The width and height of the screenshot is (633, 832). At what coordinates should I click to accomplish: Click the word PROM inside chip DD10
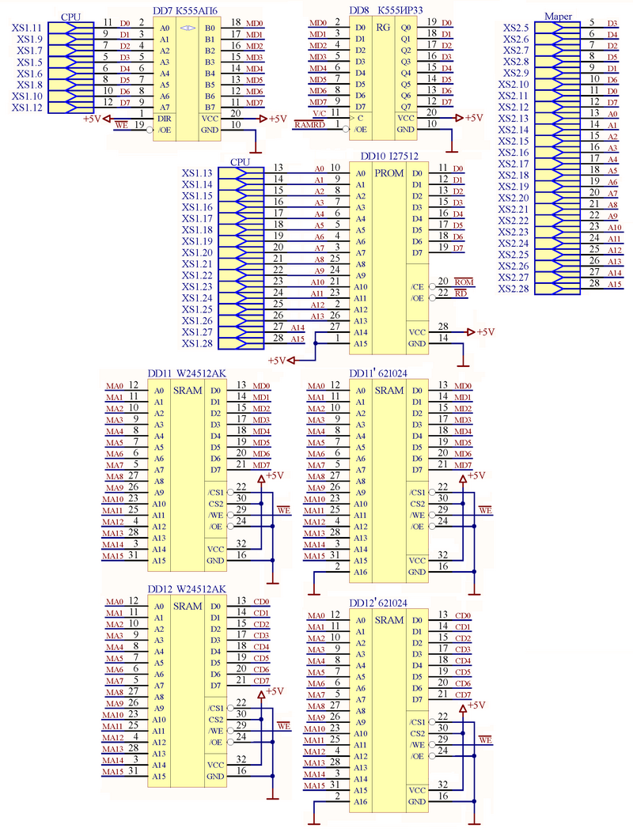pyautogui.click(x=389, y=173)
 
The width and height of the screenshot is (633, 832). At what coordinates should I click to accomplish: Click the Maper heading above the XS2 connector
pyautogui.click(x=559, y=17)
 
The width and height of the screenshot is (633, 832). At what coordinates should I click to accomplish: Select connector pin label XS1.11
pyautogui.click(x=28, y=28)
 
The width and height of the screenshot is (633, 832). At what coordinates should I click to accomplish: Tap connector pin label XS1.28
pyautogui.click(x=197, y=343)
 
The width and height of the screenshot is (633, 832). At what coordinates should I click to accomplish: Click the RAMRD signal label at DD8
pyautogui.click(x=308, y=125)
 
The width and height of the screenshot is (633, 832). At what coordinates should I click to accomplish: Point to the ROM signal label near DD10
pyautogui.click(x=464, y=282)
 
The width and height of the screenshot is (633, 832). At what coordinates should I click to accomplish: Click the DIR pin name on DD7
pyautogui.click(x=164, y=118)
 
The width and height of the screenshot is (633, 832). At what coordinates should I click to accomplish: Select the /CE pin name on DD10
pyautogui.click(x=417, y=286)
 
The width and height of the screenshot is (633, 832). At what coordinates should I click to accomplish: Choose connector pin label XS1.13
pyautogui.click(x=197, y=173)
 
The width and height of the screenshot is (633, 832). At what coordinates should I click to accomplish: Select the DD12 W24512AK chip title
pyautogui.click(x=187, y=589)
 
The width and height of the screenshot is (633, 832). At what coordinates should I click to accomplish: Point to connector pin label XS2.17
pyautogui.click(x=514, y=164)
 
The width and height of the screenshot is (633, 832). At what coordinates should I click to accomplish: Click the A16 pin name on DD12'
pyautogui.click(x=360, y=802)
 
